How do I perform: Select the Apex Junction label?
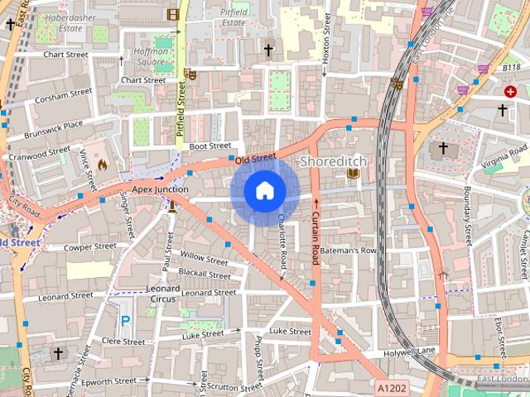pyautogui.click(x=155, y=189)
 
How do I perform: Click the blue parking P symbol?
pyautogui.click(x=126, y=320)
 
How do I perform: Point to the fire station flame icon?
pyautogui.click(x=102, y=165)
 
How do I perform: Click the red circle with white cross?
pyautogui.click(x=510, y=90)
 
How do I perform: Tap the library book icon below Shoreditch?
pyautogui.click(x=354, y=173)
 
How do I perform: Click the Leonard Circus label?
pyautogui.click(x=163, y=294)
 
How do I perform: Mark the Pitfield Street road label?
pyautogui.click(x=181, y=116)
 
